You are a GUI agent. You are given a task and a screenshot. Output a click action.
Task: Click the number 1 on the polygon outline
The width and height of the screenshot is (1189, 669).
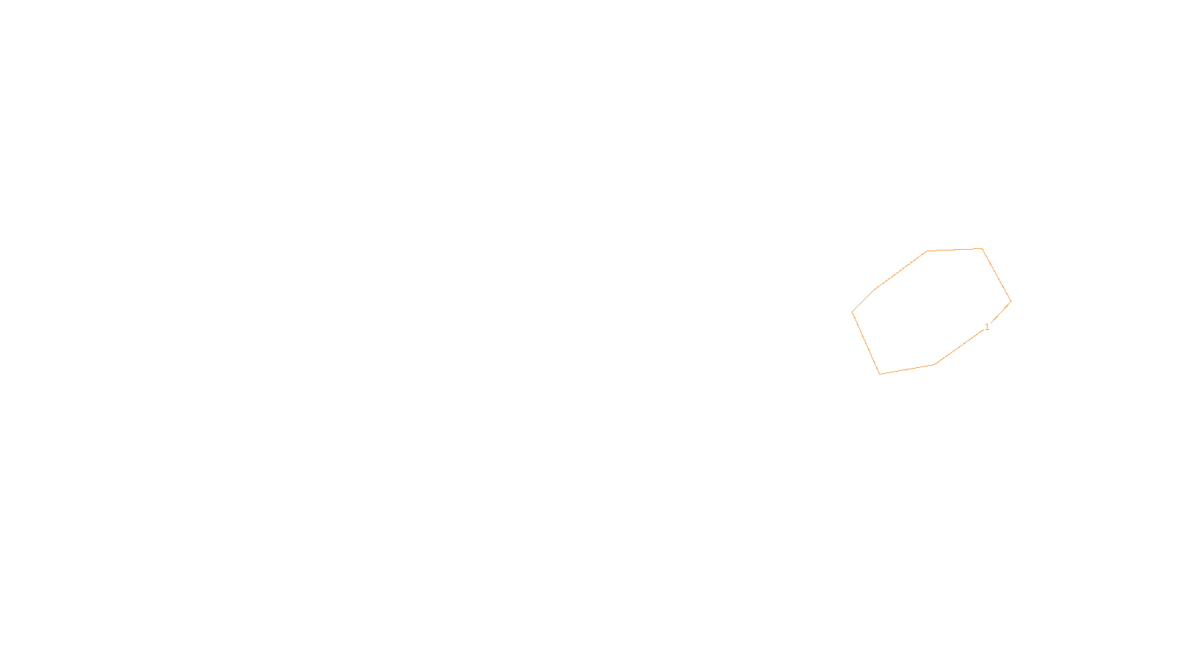point(987,327)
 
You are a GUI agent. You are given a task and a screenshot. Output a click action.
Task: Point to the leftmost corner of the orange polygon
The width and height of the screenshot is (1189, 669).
point(852,312)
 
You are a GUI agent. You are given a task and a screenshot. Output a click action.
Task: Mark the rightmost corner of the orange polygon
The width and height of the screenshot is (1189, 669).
point(1011,301)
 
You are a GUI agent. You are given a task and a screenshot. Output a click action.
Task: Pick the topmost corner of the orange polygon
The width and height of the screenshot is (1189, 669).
point(982,248)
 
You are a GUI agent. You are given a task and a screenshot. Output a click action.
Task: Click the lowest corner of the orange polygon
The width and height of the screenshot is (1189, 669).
point(880,374)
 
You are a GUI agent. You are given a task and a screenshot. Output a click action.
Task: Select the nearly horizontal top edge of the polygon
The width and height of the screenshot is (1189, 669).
point(955,250)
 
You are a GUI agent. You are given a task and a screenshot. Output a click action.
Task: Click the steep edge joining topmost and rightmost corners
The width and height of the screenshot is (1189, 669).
point(997,275)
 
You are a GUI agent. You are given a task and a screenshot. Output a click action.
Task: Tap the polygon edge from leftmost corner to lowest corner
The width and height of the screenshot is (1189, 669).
point(866,343)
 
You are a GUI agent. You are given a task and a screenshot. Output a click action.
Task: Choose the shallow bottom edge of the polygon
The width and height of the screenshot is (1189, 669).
point(907,369)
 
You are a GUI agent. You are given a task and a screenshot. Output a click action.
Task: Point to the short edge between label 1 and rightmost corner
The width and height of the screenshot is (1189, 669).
point(1000,312)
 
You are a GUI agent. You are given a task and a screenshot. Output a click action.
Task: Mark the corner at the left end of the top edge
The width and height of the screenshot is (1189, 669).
point(927,251)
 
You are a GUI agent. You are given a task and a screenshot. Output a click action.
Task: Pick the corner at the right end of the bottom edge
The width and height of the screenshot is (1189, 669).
point(934,364)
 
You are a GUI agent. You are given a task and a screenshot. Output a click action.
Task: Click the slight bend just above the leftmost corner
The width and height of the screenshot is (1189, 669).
point(875,289)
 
